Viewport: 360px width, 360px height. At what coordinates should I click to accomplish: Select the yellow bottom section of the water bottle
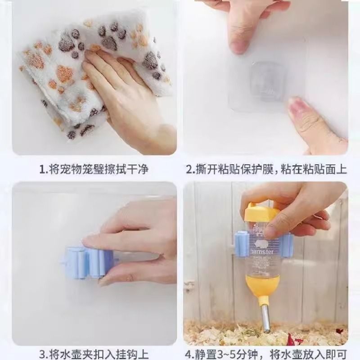pyautogui.click(x=260, y=290)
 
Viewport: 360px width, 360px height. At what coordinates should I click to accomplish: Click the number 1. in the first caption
pyautogui.click(x=44, y=170)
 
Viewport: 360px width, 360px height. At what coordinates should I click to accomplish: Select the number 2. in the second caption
pyautogui.click(x=191, y=170)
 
